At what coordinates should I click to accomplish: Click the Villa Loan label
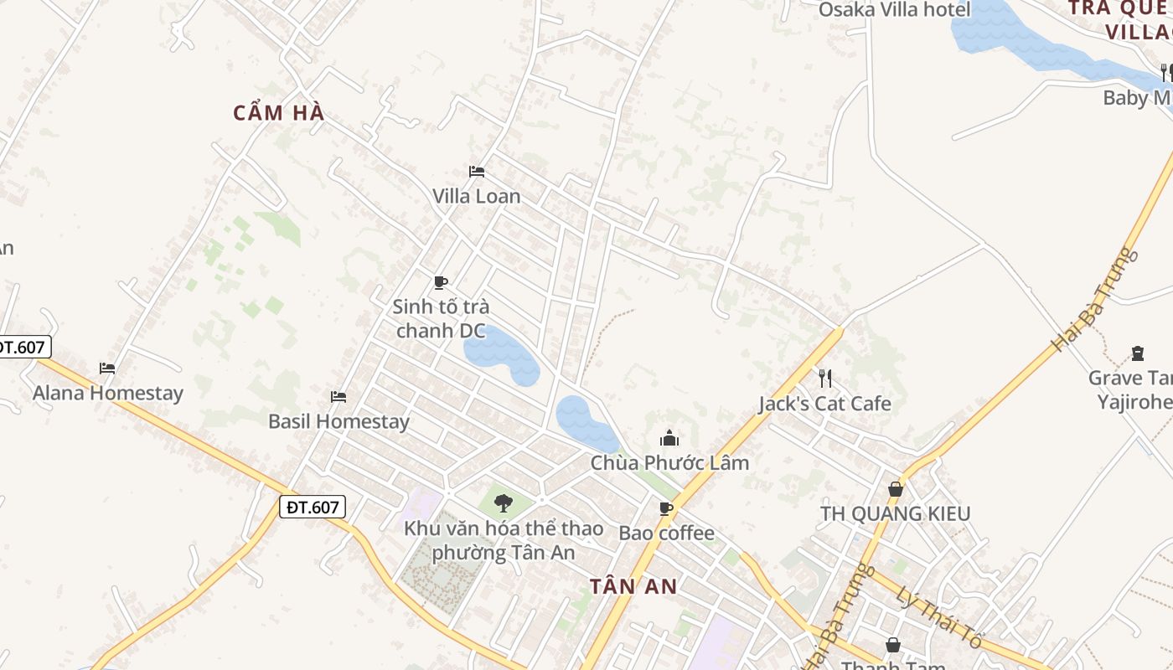pos(476,196)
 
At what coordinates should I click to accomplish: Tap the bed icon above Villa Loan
pos(477,172)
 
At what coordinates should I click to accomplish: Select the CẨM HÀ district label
pos(278,113)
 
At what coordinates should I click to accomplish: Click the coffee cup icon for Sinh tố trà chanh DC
pos(441,282)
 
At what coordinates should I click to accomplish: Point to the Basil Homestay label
pos(338,420)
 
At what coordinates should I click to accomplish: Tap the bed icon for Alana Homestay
pos(107,368)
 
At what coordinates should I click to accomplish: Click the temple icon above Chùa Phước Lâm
pos(669,438)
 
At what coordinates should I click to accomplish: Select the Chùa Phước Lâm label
pos(669,462)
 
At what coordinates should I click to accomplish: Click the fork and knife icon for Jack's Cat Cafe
pos(825,379)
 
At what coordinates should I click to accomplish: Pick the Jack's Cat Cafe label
pos(824,404)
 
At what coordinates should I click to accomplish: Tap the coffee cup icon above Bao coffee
pos(666,508)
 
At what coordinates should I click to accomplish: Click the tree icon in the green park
pos(503,502)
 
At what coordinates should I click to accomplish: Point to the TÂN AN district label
pos(633,586)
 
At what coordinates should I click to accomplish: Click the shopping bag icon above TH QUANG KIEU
pos(896,489)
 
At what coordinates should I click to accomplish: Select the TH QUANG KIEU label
pos(895,513)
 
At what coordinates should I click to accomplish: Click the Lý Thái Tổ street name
pos(926,618)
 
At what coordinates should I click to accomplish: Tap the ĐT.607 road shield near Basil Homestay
pos(312,507)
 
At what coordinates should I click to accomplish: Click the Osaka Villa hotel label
pos(894,10)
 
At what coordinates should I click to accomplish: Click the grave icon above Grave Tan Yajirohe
pos(1138,353)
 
